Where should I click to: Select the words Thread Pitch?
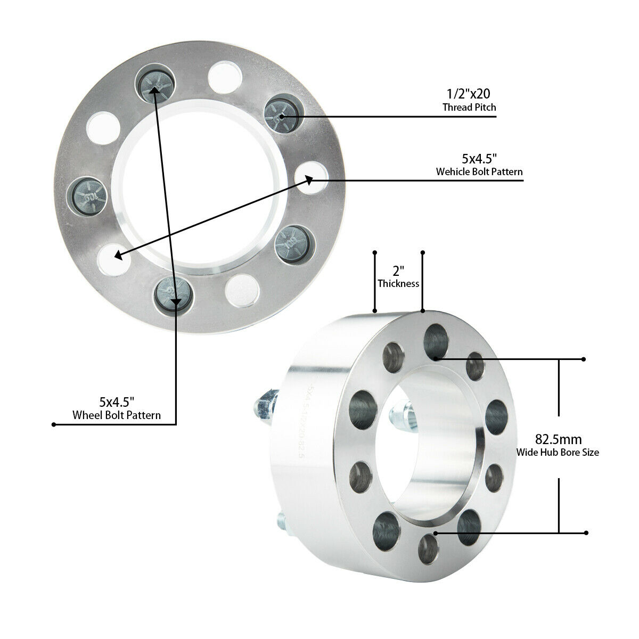point(469,107)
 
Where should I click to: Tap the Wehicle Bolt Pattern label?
point(479,171)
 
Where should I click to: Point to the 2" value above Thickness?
point(398,271)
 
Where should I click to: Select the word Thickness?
point(398,283)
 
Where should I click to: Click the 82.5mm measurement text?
point(558,440)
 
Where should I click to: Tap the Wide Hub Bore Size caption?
point(558,453)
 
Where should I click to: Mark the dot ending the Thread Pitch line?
point(496,116)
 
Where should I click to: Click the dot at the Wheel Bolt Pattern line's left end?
point(54,424)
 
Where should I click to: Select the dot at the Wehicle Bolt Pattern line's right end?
point(522,181)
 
